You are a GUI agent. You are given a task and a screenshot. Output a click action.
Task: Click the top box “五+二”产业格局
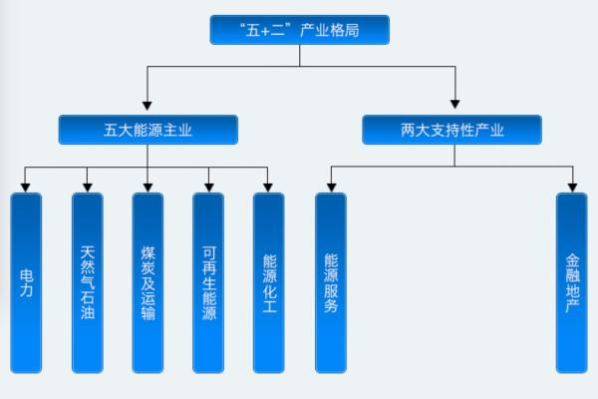pyautogui.click(x=299, y=30)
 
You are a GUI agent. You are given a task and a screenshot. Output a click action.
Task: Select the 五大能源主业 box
pyautogui.click(x=148, y=130)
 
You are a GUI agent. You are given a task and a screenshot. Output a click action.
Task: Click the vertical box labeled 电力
pyautogui.click(x=26, y=282)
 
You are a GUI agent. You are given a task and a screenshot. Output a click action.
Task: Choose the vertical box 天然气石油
pyautogui.click(x=88, y=282)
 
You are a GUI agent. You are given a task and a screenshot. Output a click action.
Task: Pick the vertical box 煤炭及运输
pyautogui.click(x=148, y=282)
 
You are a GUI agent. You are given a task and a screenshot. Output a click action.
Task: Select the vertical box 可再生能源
pyautogui.click(x=208, y=282)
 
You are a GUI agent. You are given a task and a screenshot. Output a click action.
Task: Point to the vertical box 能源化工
pyautogui.click(x=269, y=282)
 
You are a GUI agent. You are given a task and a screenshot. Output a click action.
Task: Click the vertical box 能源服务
pyautogui.click(x=330, y=282)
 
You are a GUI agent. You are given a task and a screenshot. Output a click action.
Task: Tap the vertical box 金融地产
pyautogui.click(x=572, y=282)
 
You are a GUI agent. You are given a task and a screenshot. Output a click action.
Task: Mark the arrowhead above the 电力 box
pyautogui.click(x=26, y=186)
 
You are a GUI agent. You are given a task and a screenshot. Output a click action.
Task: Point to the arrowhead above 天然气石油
pyautogui.click(x=88, y=186)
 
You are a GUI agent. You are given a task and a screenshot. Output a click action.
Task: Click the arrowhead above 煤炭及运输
pyautogui.click(x=148, y=186)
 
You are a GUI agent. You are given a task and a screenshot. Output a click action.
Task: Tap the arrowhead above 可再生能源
pyautogui.click(x=208, y=186)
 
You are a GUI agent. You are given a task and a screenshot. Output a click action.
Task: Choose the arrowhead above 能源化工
pyautogui.click(x=269, y=186)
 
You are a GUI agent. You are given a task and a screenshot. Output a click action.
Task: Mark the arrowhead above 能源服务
pyautogui.click(x=330, y=186)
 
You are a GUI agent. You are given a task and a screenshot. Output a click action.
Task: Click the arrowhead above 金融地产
pyautogui.click(x=572, y=186)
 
